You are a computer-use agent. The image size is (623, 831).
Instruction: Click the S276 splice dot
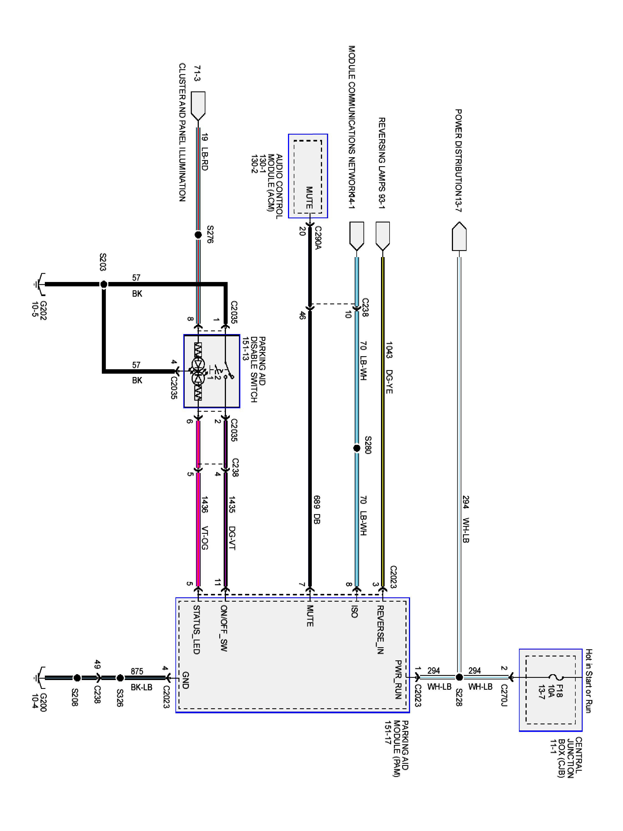coord(198,235)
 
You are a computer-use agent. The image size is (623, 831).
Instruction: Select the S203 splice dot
coord(104,284)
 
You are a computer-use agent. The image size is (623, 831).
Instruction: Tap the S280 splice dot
coord(357,448)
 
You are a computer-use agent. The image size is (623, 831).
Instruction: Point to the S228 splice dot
coord(459,677)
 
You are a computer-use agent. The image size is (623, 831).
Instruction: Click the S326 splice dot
coord(120,678)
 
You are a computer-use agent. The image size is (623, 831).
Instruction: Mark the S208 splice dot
coord(77,678)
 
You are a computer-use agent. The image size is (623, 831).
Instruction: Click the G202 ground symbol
coord(39,284)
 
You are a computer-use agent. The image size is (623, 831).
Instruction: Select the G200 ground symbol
coord(39,678)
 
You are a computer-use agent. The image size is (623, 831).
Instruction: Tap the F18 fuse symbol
coord(555,677)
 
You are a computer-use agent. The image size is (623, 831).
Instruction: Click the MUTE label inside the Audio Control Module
coord(309,198)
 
